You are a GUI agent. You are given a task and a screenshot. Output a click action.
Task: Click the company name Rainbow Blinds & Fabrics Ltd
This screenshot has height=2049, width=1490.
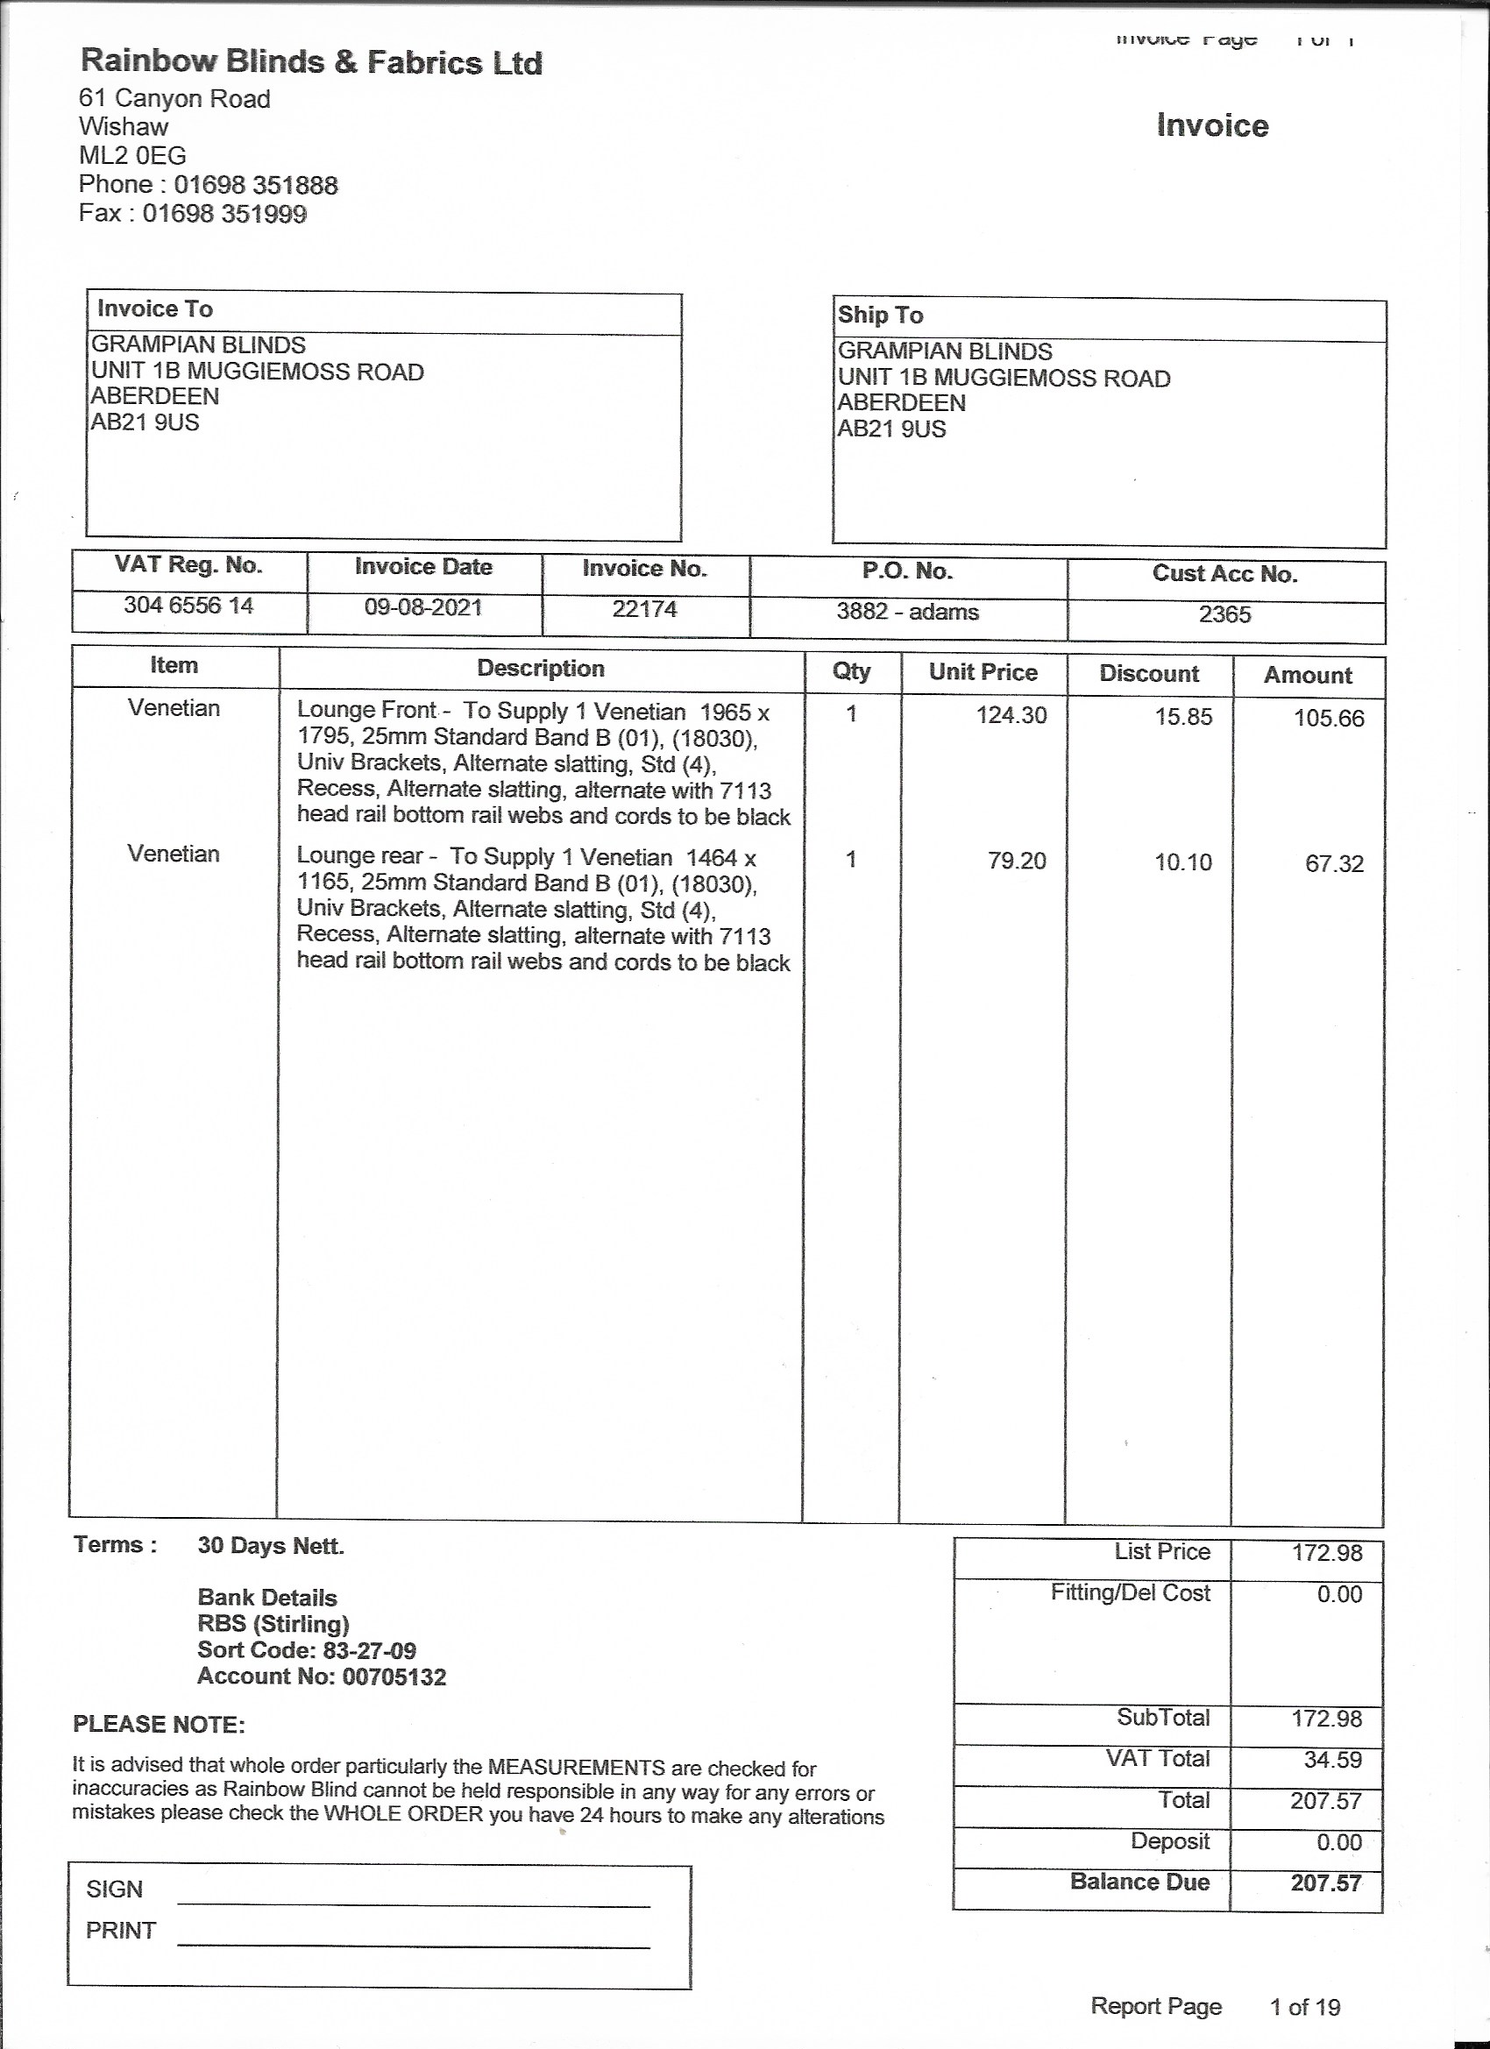point(312,61)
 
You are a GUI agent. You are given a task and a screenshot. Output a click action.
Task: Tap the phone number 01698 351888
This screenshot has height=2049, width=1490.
point(256,185)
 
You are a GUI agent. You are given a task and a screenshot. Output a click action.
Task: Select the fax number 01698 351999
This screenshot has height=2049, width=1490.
point(225,214)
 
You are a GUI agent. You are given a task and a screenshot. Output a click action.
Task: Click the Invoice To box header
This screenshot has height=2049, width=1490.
point(155,309)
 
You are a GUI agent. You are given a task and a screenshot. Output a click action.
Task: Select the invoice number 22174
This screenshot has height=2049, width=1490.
point(644,609)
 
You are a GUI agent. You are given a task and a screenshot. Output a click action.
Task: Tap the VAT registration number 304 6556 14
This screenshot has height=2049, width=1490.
point(188,606)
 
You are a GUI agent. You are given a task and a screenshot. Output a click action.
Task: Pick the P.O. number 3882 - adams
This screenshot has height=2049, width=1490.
point(907,612)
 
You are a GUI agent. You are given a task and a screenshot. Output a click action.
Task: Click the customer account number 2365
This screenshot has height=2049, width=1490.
point(1224,614)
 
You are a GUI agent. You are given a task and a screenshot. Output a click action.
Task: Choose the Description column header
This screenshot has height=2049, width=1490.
point(540,669)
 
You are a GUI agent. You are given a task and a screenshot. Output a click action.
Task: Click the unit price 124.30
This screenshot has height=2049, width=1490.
point(1011,715)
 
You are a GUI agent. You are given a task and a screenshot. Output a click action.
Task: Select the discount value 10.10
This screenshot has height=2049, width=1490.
point(1182,861)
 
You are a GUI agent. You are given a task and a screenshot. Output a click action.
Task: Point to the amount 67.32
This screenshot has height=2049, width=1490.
point(1334,864)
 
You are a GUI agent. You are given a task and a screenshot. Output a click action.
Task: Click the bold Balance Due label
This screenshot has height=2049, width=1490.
point(1139,1882)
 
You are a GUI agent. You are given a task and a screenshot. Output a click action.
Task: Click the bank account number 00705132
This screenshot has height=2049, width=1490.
point(394,1677)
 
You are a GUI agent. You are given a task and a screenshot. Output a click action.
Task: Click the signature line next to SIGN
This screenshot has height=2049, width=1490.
point(414,1903)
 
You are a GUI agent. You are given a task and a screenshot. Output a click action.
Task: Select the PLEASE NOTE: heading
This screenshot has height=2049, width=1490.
point(159,1725)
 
